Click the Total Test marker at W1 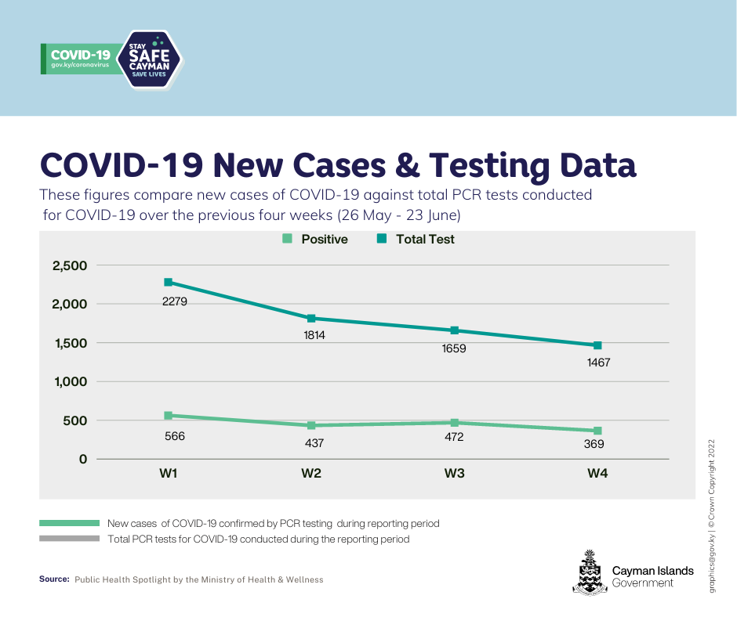(x=168, y=283)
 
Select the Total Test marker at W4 (x=597, y=345)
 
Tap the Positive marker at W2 (x=311, y=426)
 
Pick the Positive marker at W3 (x=454, y=423)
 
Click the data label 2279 (x=174, y=300)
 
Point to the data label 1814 (x=314, y=335)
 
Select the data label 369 (x=594, y=444)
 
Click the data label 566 (x=174, y=436)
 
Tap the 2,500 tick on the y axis (x=69, y=266)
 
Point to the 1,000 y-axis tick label (x=69, y=382)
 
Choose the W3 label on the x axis (x=454, y=474)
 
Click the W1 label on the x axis (x=168, y=474)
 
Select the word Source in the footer (x=54, y=579)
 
